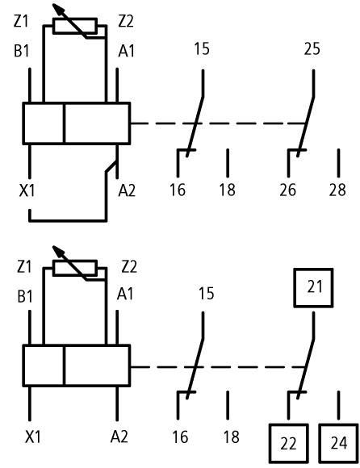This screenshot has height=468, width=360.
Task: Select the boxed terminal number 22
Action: point(289,443)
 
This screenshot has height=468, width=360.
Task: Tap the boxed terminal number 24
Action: point(339,443)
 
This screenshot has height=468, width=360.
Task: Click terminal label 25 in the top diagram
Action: point(312,49)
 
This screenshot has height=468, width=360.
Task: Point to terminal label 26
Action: point(288,190)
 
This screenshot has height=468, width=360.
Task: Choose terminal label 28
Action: point(337,190)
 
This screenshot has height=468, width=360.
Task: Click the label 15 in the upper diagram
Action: point(202,49)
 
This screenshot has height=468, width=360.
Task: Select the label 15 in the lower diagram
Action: point(207,294)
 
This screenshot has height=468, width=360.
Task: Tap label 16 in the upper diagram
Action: point(178,190)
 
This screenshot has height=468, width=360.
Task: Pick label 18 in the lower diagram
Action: point(232,437)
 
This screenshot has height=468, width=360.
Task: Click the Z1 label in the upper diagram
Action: point(21,22)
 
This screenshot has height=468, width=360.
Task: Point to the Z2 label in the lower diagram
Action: point(129,267)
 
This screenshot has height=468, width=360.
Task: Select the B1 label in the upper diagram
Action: point(22,51)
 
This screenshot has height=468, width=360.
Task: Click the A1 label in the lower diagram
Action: point(125,294)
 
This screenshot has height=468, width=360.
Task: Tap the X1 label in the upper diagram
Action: point(27,190)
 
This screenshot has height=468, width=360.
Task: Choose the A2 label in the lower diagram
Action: point(119,437)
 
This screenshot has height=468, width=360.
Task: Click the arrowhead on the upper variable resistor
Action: point(58,9)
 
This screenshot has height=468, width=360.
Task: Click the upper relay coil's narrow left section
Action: point(44,123)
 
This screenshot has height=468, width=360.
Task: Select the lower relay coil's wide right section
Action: point(98,366)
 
